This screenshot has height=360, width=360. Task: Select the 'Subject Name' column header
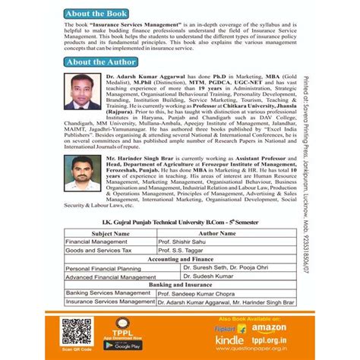point(110,235)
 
